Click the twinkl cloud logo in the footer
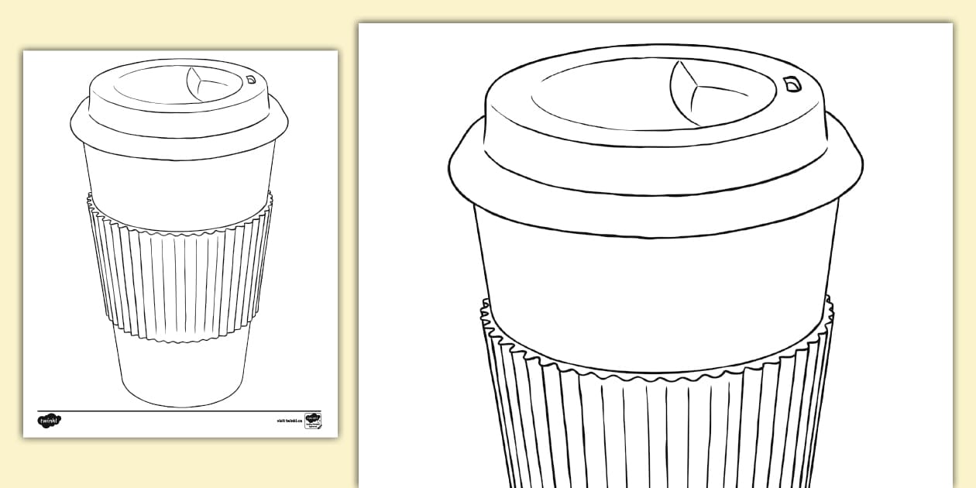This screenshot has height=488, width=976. (49, 421)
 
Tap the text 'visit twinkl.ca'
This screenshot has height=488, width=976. (287, 421)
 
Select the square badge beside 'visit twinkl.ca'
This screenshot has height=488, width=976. (313, 420)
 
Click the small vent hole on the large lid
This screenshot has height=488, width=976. (792, 84)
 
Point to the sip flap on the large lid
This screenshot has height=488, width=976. (686, 93)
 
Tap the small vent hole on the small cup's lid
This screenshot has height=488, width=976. (251, 78)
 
